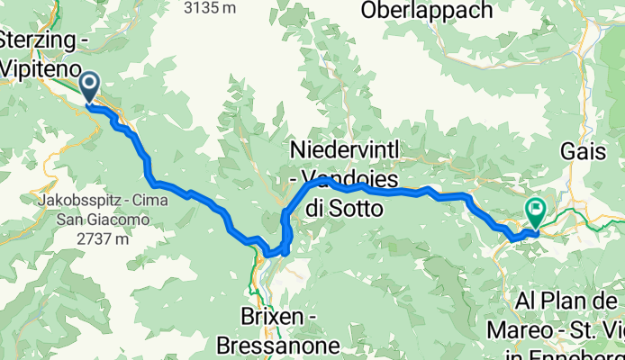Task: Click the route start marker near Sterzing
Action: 90,86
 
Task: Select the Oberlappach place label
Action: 427,11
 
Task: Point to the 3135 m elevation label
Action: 210,7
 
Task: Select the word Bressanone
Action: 277,345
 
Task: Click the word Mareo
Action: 517,329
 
